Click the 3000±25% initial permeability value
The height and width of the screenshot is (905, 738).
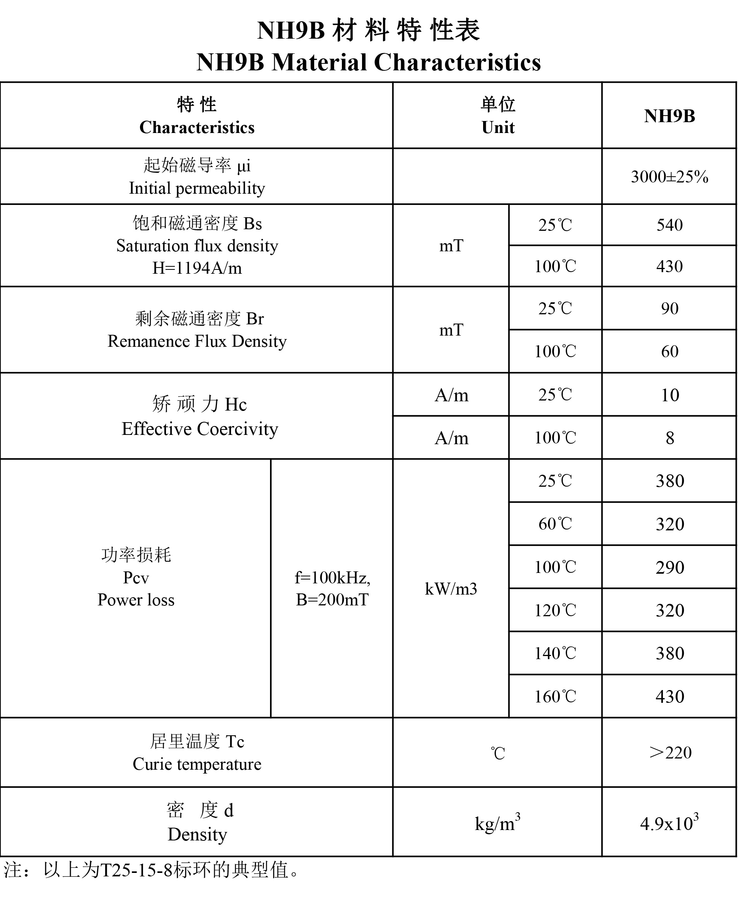point(669,177)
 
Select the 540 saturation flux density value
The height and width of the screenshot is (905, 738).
point(670,225)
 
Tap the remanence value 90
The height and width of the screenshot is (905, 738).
point(670,308)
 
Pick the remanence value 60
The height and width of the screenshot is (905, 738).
point(670,351)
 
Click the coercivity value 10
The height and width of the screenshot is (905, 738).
point(670,395)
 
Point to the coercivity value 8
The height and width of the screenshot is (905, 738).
point(670,438)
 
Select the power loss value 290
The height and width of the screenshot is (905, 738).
point(670,567)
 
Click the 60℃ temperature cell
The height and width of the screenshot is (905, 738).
point(555,524)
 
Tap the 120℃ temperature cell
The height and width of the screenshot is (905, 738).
point(555,610)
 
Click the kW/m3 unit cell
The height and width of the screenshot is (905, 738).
point(451,589)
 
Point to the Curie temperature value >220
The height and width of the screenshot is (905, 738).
point(670,752)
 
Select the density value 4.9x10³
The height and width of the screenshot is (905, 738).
point(669,823)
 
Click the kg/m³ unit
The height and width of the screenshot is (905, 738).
point(497,823)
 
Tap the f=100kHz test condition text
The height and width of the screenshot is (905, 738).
point(332,578)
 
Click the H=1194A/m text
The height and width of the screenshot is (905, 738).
point(197,268)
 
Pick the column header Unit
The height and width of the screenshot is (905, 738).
point(498,128)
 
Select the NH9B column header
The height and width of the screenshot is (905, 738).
point(669,116)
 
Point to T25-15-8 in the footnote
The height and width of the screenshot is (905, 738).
point(136,870)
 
